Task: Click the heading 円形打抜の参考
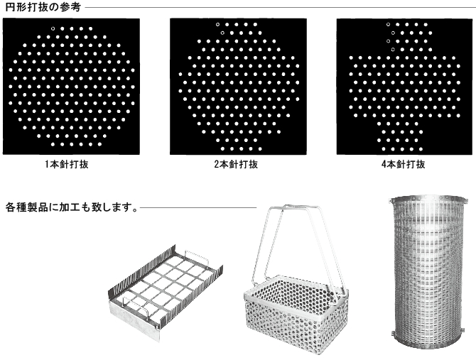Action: [43, 7]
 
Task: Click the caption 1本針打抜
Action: [67, 165]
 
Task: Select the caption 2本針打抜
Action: [236, 165]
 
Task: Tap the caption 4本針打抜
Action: [403, 165]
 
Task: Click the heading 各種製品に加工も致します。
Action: [72, 207]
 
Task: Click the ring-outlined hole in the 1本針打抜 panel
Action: [53, 29]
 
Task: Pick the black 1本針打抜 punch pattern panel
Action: [71, 87]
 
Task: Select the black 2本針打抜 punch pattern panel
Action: [238, 87]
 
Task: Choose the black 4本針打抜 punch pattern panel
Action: [405, 87]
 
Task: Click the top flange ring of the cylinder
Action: [428, 200]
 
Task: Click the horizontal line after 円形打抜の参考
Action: [278, 7]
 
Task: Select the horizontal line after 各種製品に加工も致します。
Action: [198, 208]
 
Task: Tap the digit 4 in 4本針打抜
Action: [384, 165]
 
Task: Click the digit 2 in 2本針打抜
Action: [217, 165]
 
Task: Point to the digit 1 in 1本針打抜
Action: [47, 165]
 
